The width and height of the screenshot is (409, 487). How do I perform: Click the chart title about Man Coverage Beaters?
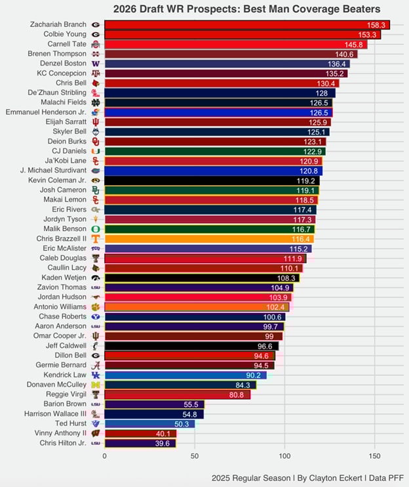pyautogui.click(x=246, y=9)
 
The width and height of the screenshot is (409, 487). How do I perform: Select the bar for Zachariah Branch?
pyautogui.click(x=246, y=24)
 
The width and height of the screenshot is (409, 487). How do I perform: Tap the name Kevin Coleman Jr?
pyautogui.click(x=56, y=180)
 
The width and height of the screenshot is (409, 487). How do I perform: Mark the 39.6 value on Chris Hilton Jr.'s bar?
pyautogui.click(x=164, y=444)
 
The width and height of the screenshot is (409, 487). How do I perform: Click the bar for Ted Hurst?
pyautogui.click(x=149, y=424)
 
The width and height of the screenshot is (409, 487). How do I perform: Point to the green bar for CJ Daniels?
pyautogui.click(x=215, y=151)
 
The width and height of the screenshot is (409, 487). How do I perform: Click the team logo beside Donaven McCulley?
pyautogui.click(x=96, y=385)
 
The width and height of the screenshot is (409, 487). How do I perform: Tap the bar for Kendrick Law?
pyautogui.click(x=185, y=375)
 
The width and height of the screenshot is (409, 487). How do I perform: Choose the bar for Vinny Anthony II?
pyautogui.click(x=140, y=434)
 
